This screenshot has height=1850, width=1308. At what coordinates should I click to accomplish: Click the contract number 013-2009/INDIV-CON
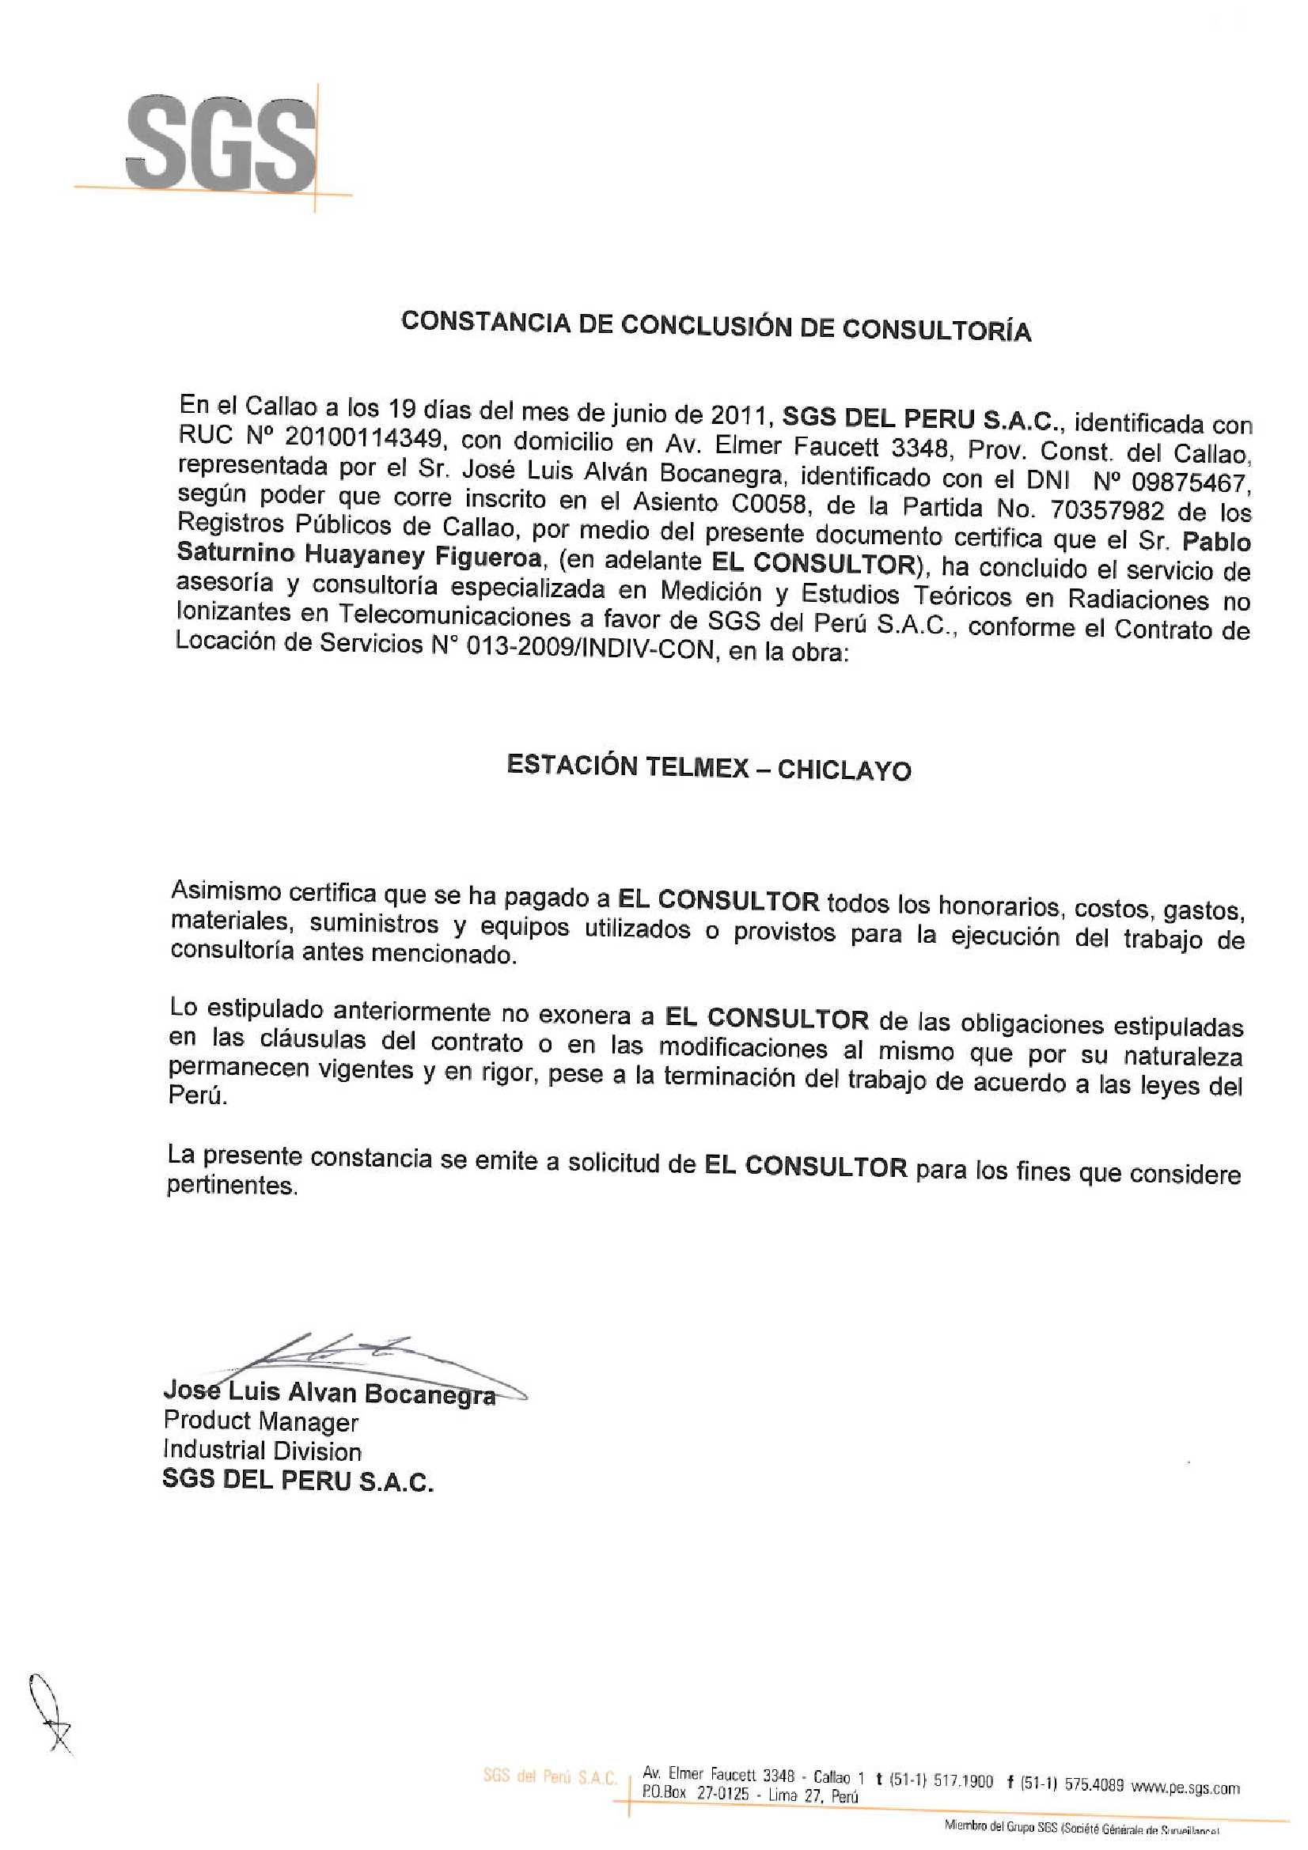[x=583, y=647]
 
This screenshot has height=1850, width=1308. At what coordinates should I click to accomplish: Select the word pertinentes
[x=231, y=1186]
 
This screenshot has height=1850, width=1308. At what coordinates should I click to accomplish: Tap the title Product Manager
[x=260, y=1421]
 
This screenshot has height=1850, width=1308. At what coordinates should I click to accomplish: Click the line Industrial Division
[x=262, y=1451]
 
